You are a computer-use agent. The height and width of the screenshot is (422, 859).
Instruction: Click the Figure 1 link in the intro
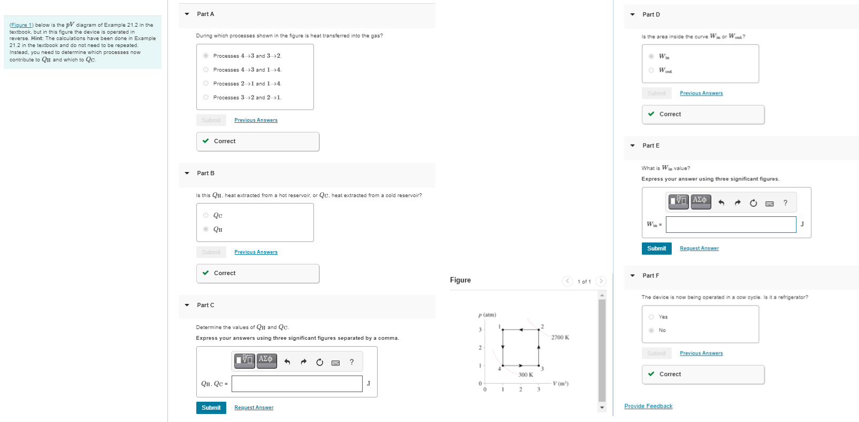[21, 25]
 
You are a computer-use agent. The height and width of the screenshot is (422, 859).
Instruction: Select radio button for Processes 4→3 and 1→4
[206, 69]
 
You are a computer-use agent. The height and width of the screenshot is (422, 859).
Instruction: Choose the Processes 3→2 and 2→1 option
[206, 97]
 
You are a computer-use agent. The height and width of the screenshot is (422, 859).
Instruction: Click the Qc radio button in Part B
[206, 215]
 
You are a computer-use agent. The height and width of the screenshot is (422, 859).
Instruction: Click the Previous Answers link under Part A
[256, 120]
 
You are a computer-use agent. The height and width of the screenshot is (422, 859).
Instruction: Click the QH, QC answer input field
[297, 384]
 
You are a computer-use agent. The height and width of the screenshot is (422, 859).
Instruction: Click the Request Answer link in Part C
[254, 408]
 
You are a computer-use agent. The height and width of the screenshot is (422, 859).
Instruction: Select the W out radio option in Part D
[651, 70]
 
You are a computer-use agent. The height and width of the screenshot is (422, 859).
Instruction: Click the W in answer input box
[731, 224]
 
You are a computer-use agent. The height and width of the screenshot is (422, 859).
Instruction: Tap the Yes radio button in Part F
[651, 317]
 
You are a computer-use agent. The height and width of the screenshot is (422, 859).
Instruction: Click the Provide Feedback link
[648, 406]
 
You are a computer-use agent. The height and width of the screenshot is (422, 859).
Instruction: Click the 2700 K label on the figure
[560, 338]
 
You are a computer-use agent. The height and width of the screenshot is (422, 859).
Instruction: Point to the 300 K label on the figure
[525, 375]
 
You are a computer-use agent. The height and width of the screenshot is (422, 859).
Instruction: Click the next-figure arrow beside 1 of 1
[601, 281]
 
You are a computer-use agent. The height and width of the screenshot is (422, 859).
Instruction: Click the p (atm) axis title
[487, 315]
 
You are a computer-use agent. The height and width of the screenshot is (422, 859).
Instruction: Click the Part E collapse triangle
[632, 145]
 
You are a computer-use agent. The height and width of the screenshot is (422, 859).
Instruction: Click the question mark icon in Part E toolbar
[785, 203]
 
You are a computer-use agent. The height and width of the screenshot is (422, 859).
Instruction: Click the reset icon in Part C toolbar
[319, 362]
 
